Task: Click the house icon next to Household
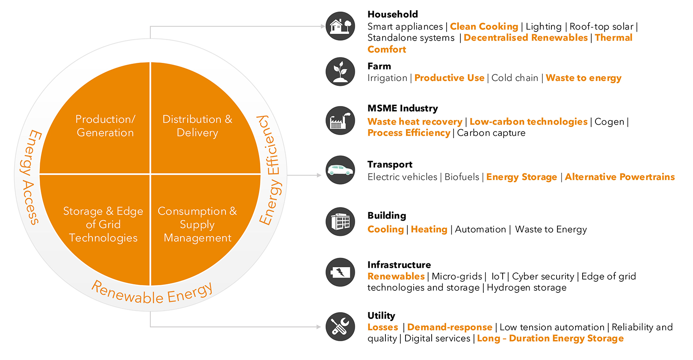tap(340, 26)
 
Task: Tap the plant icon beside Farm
tap(340, 71)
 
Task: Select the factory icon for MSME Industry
tap(340, 120)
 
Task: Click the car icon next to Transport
tap(340, 170)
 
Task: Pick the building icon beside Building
tap(340, 221)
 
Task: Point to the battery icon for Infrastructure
tap(340, 272)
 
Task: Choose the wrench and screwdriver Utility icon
tap(340, 327)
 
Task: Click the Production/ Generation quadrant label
tap(105, 126)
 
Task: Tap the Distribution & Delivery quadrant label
tap(197, 126)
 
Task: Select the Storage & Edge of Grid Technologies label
tap(103, 224)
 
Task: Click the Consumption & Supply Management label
tap(197, 224)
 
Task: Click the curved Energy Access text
tap(31, 177)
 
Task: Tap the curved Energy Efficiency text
tap(270, 170)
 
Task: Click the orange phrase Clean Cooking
tap(484, 27)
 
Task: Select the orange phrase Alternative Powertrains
tap(620, 177)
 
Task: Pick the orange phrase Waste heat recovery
tap(415, 121)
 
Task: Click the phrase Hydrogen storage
tap(527, 288)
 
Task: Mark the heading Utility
tap(381, 316)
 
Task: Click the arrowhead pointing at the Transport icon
tap(319, 175)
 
